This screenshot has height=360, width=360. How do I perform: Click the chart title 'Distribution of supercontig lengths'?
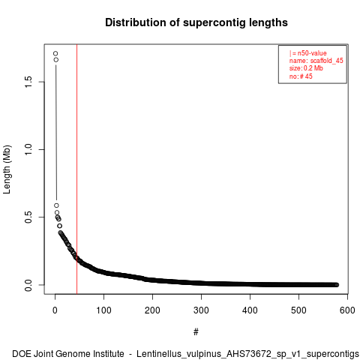[196, 22]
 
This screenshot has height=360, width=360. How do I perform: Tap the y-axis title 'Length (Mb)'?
[7, 169]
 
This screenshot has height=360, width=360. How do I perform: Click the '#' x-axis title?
[196, 331]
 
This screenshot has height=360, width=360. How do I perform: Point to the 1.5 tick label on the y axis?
[28, 82]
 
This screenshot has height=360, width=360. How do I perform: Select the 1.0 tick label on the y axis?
[28, 149]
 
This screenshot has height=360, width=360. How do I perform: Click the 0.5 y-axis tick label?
[28, 217]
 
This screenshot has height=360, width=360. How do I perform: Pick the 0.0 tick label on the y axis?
[28, 285]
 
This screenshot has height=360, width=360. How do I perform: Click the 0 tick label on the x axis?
[55, 310]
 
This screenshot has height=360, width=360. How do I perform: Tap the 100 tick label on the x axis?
[103, 310]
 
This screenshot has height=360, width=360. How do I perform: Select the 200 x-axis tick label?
[152, 310]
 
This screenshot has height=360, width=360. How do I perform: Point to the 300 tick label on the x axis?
[201, 310]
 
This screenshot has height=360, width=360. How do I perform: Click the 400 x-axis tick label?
[250, 310]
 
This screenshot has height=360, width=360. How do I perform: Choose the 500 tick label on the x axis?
[298, 310]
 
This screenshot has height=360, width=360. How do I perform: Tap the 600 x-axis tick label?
[347, 310]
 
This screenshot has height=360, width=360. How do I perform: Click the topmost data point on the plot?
[55, 53]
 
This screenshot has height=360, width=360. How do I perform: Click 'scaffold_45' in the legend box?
[327, 61]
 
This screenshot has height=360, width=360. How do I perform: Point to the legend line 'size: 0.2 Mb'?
[306, 68]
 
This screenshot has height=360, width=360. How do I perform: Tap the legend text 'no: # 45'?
[301, 76]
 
